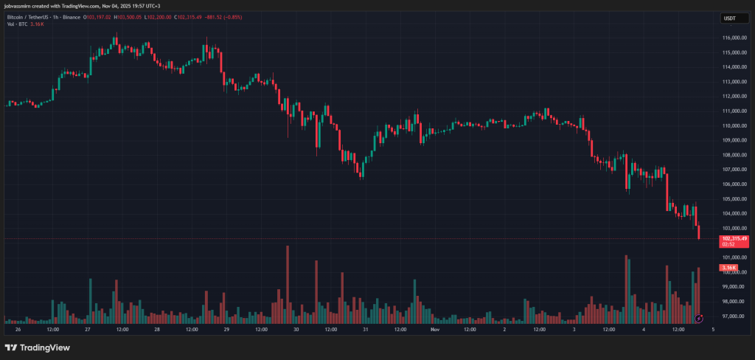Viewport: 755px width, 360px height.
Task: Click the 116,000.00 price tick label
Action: pyautogui.click(x=734, y=38)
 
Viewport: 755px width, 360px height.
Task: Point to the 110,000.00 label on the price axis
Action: pyautogui.click(x=734, y=125)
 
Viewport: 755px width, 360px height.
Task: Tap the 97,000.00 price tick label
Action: pyautogui.click(x=733, y=316)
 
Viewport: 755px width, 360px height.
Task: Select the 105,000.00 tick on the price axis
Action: pyautogui.click(x=734, y=198)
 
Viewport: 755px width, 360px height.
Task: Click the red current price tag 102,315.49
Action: pyautogui.click(x=735, y=239)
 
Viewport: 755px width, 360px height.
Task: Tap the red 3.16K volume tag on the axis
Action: pyautogui.click(x=729, y=267)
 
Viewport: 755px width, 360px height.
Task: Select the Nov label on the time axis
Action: pyautogui.click(x=434, y=329)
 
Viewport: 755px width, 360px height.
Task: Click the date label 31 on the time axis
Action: pyautogui.click(x=365, y=329)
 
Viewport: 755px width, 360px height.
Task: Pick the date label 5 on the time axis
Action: pyautogui.click(x=712, y=329)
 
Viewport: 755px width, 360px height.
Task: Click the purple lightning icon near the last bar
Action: pyautogui.click(x=700, y=318)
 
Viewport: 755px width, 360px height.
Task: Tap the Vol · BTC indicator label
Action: pyautogui.click(x=17, y=24)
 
